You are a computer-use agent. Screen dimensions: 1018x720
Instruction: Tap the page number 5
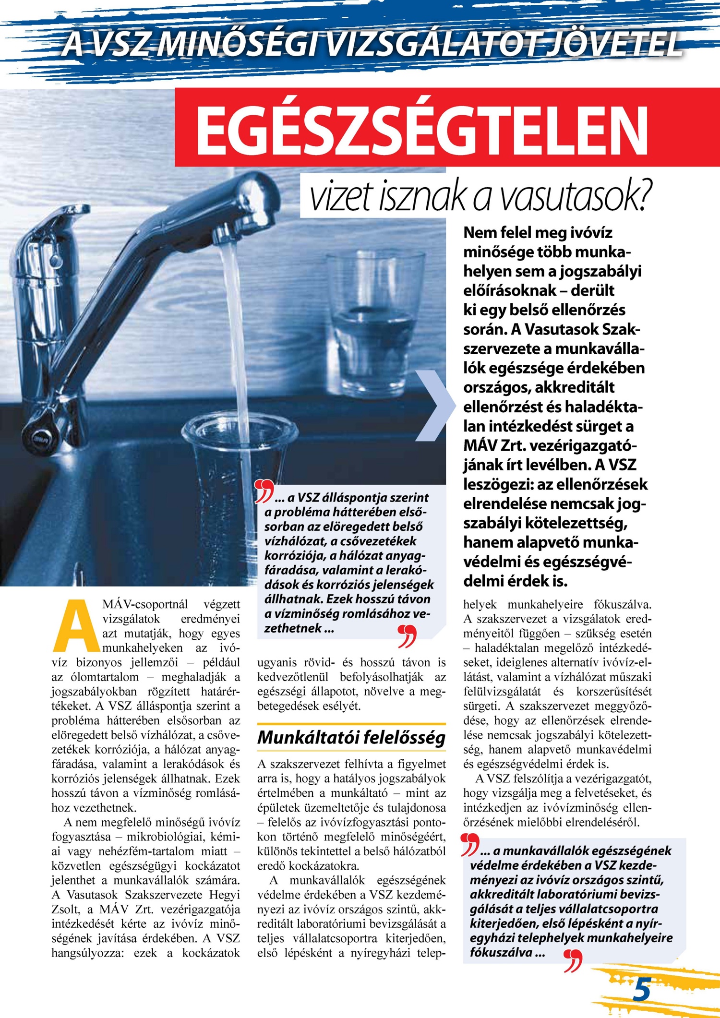642,989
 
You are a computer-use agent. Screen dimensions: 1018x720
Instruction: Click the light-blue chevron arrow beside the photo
434,406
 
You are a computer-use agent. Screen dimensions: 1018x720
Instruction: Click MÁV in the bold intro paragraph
480,445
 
